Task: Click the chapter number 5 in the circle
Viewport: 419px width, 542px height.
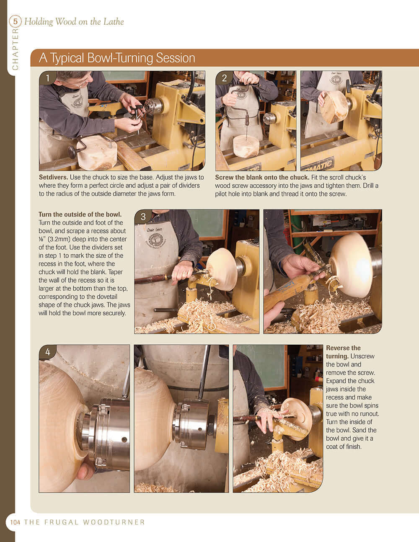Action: (x=16, y=21)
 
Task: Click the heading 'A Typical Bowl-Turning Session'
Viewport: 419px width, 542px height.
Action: (x=117, y=58)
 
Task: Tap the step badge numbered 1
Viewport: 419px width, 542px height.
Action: (x=48, y=78)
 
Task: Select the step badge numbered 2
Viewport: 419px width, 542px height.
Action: (x=224, y=78)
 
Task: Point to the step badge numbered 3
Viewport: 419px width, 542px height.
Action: (x=143, y=217)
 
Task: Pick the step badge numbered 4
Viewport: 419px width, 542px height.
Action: (x=48, y=352)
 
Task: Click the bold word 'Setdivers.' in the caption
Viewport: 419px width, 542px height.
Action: (x=53, y=178)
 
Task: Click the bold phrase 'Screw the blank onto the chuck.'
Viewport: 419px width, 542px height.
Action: (x=262, y=178)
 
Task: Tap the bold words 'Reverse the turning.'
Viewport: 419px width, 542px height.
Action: (x=344, y=352)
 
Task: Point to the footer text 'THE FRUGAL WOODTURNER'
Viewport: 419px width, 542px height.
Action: (x=85, y=522)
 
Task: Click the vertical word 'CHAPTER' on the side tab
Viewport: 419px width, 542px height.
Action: (x=16, y=49)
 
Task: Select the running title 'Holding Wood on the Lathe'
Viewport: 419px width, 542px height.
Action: (x=74, y=21)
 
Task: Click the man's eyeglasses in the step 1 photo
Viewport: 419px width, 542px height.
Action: (x=84, y=81)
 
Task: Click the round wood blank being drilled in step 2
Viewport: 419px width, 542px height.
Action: (x=246, y=146)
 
